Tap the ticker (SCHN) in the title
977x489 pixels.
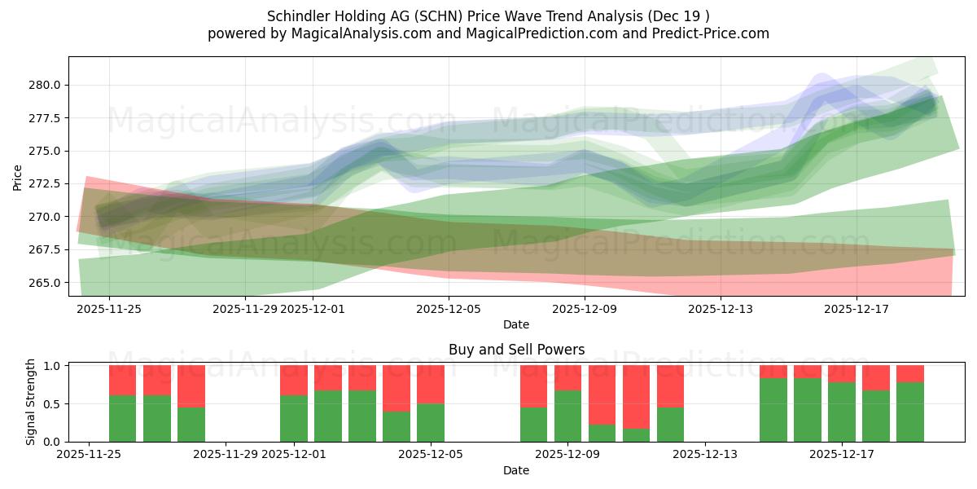coord(433,15)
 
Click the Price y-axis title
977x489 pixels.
coord(18,177)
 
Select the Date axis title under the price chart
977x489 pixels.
coord(515,324)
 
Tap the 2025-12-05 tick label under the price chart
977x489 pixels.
coord(449,309)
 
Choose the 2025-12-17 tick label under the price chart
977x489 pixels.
coord(857,309)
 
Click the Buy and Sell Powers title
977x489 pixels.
coord(516,350)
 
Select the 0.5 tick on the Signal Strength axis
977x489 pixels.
coord(52,403)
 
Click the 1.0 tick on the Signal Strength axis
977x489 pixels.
coord(52,366)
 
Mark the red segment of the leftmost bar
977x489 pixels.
coord(122,380)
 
